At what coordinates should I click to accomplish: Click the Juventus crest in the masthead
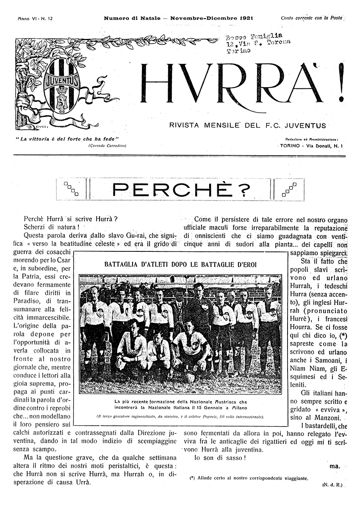pos(62,84)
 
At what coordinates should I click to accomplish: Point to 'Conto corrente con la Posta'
pos(311,18)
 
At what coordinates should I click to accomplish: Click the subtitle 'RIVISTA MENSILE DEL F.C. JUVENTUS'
pos(247,125)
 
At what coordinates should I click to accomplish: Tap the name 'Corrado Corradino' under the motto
pos(108,145)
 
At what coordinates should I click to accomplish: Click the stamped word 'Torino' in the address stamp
pos(239,50)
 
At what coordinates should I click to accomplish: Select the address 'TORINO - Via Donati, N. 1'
pos(311,145)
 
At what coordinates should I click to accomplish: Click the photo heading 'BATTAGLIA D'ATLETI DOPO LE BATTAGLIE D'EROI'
pos(180,265)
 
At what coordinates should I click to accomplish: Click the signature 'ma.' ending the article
pos(334,466)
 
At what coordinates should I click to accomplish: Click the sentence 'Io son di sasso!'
pos(219,458)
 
